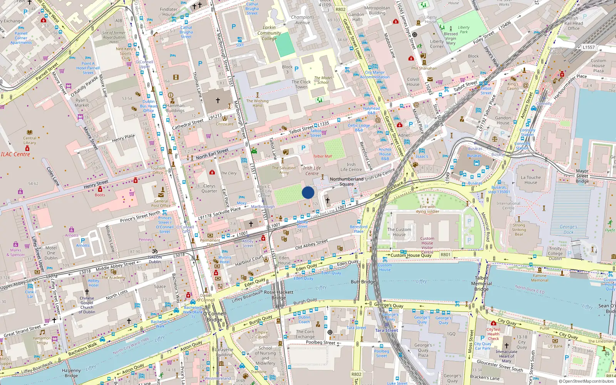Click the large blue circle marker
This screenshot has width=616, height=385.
coord(308,192)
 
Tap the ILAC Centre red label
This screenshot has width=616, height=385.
coord(15,154)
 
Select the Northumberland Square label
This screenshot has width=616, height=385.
coord(346,181)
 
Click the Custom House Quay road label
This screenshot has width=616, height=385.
coord(411,255)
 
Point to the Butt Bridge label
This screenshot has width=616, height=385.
coord(363,282)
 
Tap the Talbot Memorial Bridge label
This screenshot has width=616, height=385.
coord(481,283)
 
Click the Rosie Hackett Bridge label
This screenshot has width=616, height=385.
coord(279,295)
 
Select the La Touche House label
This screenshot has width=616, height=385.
coord(531,180)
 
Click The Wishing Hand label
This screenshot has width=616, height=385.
coord(257,103)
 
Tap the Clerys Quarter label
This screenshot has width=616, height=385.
coord(209,188)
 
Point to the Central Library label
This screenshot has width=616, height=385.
coord(30,141)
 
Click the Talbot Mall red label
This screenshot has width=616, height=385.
coord(322,156)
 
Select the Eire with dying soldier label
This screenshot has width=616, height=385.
coord(427,209)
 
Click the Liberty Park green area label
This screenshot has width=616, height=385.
coord(464,30)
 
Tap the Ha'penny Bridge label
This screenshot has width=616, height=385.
coord(71,373)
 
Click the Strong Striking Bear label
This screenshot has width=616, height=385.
coord(519,229)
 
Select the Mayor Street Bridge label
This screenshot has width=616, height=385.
coord(582,176)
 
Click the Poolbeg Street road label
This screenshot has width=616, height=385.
coord(320,342)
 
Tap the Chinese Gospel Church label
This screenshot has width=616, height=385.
coord(87,305)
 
